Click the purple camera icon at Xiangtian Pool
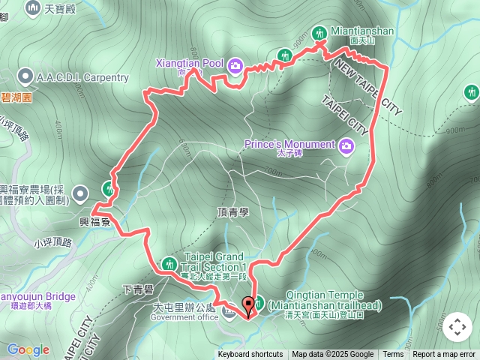(235, 67)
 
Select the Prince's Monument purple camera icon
(346, 145)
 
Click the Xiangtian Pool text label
(190, 63)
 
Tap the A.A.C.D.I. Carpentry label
(82, 77)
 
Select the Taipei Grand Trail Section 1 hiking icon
(169, 263)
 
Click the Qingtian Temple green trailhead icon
(259, 303)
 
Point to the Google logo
(28, 349)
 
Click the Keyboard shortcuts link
(250, 355)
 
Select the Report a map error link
(444, 355)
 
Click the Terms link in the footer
(393, 355)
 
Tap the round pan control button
(457, 327)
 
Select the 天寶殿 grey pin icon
(34, 7)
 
